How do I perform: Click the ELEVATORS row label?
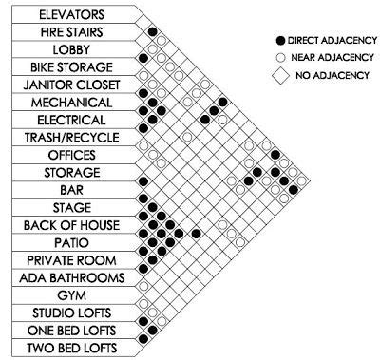point(73,14)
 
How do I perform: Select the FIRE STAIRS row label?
point(73,32)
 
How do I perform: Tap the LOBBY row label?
point(73,49)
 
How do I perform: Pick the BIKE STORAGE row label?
point(73,67)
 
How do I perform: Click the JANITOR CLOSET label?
point(73,85)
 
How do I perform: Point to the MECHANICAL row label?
point(73,102)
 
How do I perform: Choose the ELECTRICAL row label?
point(73,120)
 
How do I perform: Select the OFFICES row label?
point(73,155)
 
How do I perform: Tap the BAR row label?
point(73,190)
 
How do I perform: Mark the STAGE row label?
point(73,207)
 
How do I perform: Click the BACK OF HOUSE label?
point(73,225)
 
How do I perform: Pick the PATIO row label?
point(73,242)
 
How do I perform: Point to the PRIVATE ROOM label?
point(73,260)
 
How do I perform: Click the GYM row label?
point(73,295)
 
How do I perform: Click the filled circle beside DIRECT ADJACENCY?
point(277,43)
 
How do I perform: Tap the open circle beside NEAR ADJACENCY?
point(277,57)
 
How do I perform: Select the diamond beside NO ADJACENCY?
point(277,72)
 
